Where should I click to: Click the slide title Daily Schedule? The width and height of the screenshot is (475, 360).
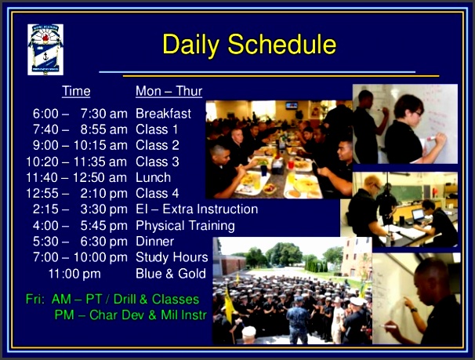248,45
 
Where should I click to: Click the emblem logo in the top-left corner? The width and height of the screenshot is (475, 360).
45,49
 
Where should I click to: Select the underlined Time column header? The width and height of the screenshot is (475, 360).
76,92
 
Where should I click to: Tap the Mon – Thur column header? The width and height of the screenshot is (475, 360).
169,92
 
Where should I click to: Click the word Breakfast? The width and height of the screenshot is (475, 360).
163,114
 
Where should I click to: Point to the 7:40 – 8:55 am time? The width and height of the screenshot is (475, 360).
79,129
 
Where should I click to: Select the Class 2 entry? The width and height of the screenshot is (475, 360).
157,145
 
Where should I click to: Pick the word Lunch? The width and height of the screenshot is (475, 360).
153,177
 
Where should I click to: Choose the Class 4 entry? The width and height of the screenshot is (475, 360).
157,193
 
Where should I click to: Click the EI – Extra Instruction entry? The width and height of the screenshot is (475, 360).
196,209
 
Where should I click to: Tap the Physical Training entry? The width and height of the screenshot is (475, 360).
184,226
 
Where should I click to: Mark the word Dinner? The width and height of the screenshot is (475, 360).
154,242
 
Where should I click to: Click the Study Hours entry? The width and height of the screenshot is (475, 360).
172,257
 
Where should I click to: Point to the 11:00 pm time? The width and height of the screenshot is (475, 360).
74,274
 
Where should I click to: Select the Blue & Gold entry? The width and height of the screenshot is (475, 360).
170,274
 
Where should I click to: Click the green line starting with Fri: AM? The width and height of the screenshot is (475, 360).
112,300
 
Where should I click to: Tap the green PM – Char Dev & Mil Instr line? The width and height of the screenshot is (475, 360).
129,315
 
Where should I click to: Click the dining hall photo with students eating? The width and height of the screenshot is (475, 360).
278,149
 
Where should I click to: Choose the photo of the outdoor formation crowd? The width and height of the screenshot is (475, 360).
292,290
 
